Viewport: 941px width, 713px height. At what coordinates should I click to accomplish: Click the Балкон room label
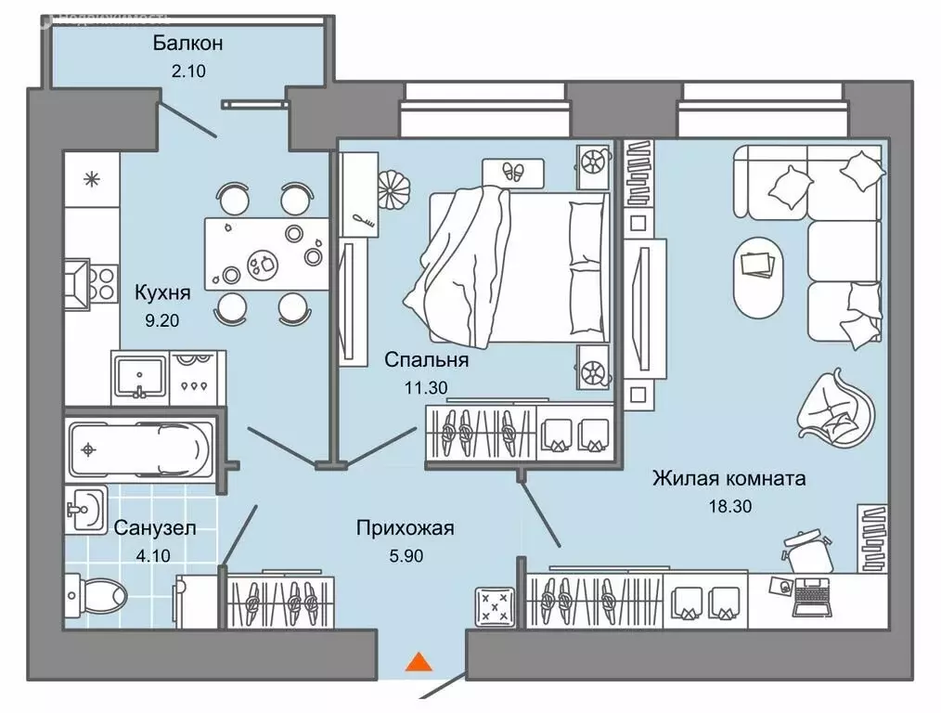click(x=188, y=43)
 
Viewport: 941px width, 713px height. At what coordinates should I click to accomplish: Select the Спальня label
click(x=427, y=359)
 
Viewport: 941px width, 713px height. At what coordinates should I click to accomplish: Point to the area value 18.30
click(x=728, y=506)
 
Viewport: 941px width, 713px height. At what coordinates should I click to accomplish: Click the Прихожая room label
click(x=405, y=528)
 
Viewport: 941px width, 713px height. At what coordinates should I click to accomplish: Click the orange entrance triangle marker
click(x=419, y=661)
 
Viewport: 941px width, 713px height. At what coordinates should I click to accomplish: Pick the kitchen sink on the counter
click(x=138, y=376)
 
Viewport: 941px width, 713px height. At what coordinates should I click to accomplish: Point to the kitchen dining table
click(x=266, y=253)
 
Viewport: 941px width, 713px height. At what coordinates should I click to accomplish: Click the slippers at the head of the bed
click(x=512, y=171)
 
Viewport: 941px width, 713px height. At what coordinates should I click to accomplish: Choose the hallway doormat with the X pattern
click(x=497, y=608)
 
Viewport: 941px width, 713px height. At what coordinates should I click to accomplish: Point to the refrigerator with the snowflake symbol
click(x=91, y=179)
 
